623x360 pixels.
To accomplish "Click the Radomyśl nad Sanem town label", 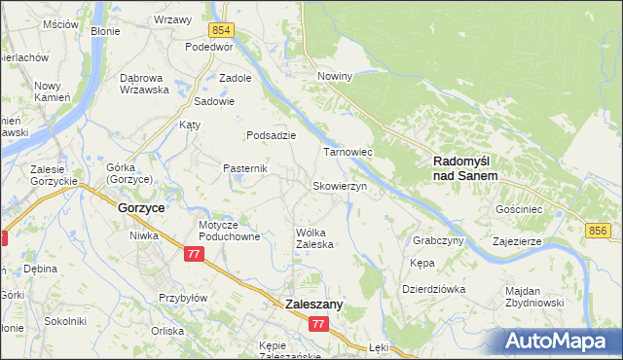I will coord(464,168).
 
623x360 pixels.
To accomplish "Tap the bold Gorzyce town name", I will coord(140,208).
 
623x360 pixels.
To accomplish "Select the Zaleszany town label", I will coord(313,305).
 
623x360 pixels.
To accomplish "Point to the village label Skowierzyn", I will coord(338,186).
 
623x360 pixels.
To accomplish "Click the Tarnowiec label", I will coord(348,153).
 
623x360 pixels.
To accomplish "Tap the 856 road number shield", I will coord(599,230).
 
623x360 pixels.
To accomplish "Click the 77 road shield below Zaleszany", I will coord(319,324).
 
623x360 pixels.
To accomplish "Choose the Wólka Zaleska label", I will coord(314,238).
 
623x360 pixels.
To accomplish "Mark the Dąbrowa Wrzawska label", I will coord(144,83).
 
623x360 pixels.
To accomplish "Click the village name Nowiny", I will coord(334,75).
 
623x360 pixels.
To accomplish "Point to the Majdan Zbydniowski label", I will coord(534,297).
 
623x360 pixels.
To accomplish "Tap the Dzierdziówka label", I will coord(434,289).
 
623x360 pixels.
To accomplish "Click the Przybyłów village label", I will coord(183,299).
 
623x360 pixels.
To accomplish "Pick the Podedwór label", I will coord(210,46).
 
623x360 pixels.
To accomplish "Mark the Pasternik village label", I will coord(245,168).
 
